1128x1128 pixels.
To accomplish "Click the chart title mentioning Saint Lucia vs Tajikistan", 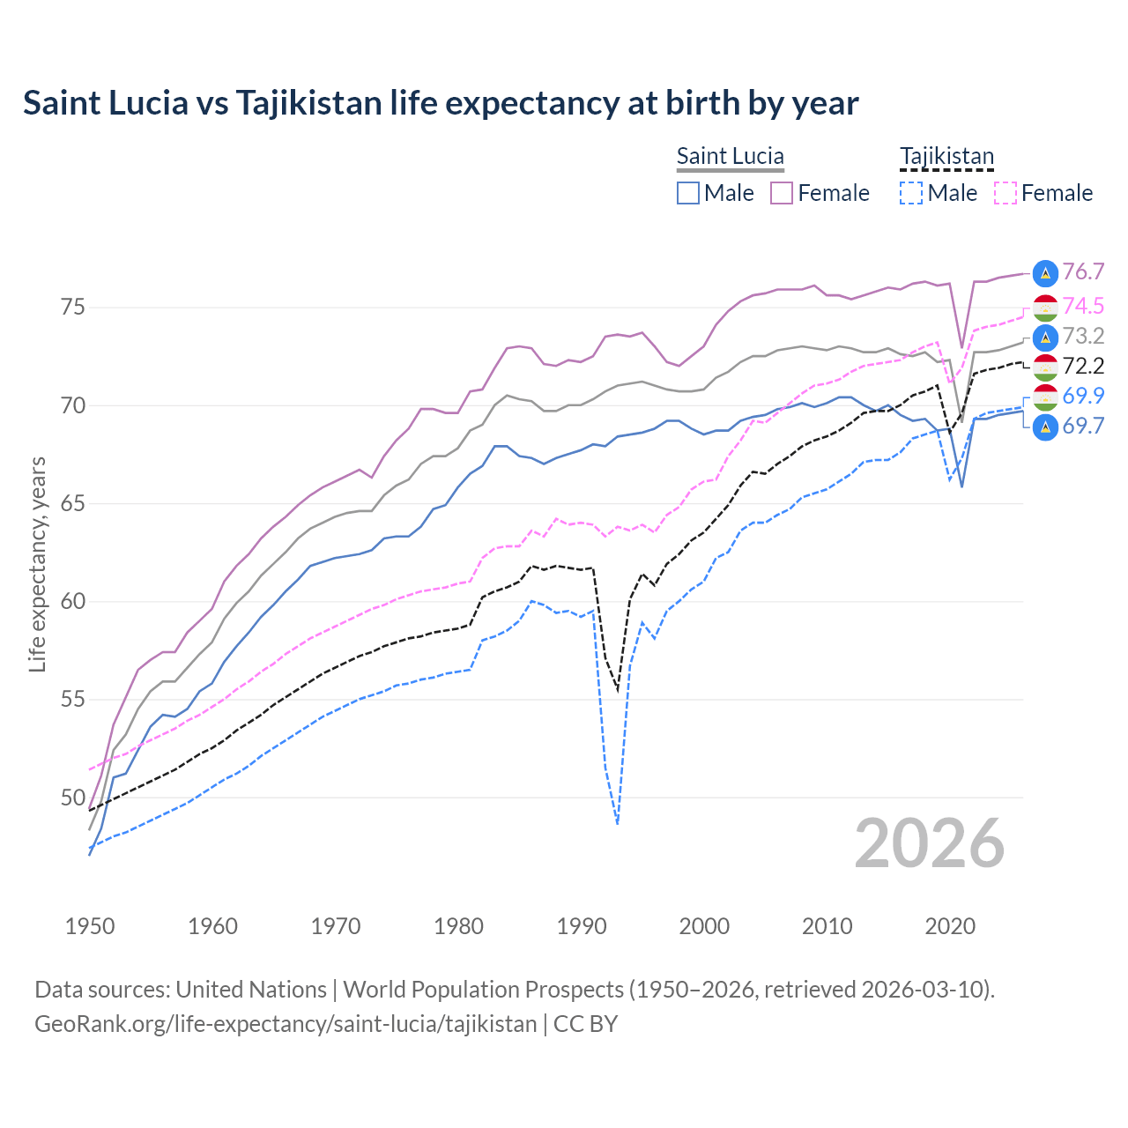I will pos(441,103).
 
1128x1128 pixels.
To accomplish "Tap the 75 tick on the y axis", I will pos(72,308).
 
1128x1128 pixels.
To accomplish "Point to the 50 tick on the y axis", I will pos(72,798).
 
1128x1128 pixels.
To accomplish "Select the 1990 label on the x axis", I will pos(582,926).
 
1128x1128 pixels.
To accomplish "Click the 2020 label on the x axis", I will pos(950,926).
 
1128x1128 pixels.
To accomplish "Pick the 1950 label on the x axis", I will pos(90,926).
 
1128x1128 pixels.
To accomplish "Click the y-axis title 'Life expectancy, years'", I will pos(37,564).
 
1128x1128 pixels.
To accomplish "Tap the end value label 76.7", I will pos(1083,272).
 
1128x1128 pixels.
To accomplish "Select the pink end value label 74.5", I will pos(1083,306).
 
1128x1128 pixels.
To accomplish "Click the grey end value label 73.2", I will pos(1083,336).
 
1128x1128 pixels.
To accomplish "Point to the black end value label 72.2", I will pos(1083,366).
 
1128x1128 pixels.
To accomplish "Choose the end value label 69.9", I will pos(1083,396).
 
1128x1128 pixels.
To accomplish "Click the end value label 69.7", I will pos(1083,426).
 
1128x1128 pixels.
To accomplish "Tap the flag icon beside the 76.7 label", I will pos(1045,273).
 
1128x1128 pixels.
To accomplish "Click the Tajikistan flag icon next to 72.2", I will pos(1045,367).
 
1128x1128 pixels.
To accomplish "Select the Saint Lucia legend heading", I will pos(730,157).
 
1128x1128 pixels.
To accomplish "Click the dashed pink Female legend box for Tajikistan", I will pos(1006,193).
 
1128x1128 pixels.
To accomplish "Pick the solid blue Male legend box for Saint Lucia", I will pos(688,193).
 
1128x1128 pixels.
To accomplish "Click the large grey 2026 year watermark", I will pos(930,843).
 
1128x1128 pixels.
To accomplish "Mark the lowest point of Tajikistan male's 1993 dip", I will pos(618,824).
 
